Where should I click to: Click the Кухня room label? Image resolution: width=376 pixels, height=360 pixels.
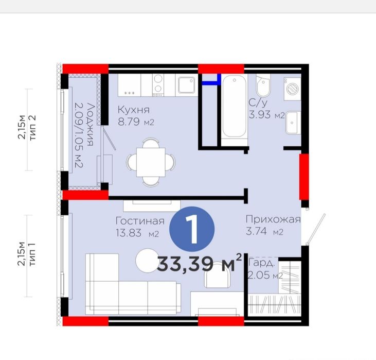click(x=134, y=110)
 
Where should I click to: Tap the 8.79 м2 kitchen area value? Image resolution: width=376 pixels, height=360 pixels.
click(x=136, y=122)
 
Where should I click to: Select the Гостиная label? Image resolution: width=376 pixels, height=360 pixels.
click(x=140, y=221)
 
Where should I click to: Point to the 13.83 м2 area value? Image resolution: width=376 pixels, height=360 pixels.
click(x=137, y=233)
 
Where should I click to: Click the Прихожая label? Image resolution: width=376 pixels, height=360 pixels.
click(x=273, y=219)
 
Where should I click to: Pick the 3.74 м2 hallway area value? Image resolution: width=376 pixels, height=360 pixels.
click(x=264, y=231)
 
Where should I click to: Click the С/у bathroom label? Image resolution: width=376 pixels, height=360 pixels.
click(x=258, y=103)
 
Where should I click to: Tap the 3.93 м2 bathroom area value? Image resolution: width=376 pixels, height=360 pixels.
click(x=266, y=114)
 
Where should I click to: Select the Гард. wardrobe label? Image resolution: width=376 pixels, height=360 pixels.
click(x=262, y=263)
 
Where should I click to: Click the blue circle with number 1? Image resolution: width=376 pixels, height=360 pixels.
click(x=192, y=229)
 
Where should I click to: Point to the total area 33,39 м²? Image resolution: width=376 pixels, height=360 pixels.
click(x=200, y=264)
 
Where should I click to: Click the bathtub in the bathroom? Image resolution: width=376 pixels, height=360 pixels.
click(x=234, y=107)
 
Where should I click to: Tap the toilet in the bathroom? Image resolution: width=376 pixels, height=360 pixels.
click(x=263, y=85)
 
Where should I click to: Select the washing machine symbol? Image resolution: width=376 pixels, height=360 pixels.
click(x=292, y=89)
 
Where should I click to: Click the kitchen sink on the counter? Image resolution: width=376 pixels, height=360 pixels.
click(x=186, y=85)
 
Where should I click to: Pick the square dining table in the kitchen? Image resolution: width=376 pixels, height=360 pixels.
click(x=151, y=162)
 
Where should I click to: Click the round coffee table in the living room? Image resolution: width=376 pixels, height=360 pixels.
click(x=147, y=261)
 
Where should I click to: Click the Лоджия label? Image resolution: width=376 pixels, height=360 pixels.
click(x=90, y=125)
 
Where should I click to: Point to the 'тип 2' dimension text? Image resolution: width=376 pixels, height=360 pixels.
click(x=32, y=128)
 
